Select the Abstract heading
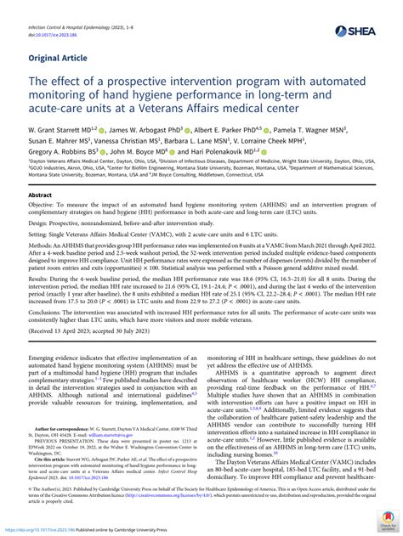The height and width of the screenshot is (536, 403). (40, 218)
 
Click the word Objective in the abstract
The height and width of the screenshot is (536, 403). (43, 232)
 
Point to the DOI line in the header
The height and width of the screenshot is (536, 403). (54, 36)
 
